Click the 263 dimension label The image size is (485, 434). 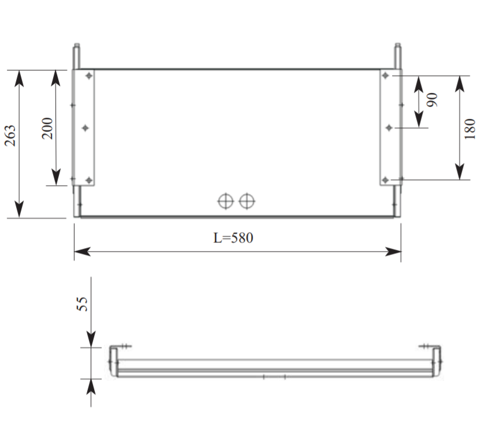click(10, 136)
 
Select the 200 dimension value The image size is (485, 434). click(47, 128)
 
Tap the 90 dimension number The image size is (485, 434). click(432, 99)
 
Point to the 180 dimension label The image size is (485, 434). click(469, 129)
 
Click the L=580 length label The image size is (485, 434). click(233, 238)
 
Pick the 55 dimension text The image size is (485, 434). click(82, 304)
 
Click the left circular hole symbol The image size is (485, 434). click(226, 201)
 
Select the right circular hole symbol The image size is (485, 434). click(247, 201)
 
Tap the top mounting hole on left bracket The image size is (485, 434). click(89, 76)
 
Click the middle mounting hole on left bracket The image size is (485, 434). click(85, 128)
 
